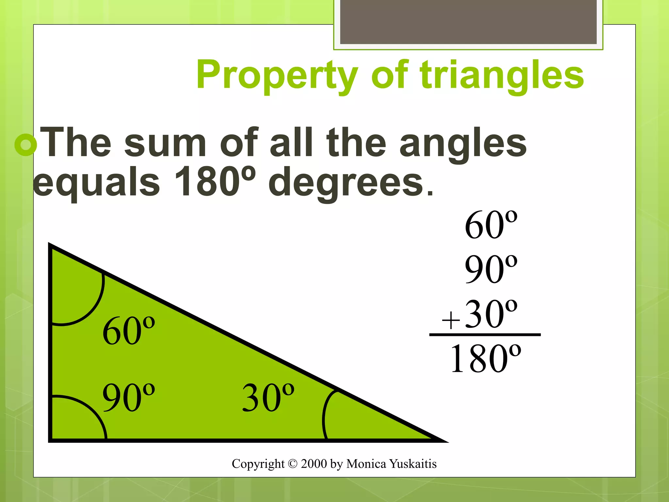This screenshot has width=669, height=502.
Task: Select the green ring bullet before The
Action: [x=25, y=145]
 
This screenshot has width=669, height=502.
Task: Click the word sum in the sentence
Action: [x=165, y=144]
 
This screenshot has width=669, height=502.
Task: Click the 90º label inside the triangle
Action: [x=128, y=397]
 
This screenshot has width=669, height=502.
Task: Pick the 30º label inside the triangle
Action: [x=268, y=397]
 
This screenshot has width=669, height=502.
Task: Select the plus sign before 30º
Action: [x=451, y=320]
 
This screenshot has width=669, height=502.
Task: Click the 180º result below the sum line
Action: [x=485, y=359]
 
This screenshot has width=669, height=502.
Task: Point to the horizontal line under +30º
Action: [x=485, y=335]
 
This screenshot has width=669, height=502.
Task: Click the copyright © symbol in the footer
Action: [x=293, y=464]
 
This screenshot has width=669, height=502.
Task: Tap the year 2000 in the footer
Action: [x=314, y=464]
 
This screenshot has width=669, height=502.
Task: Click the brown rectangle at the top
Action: [x=468, y=22]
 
